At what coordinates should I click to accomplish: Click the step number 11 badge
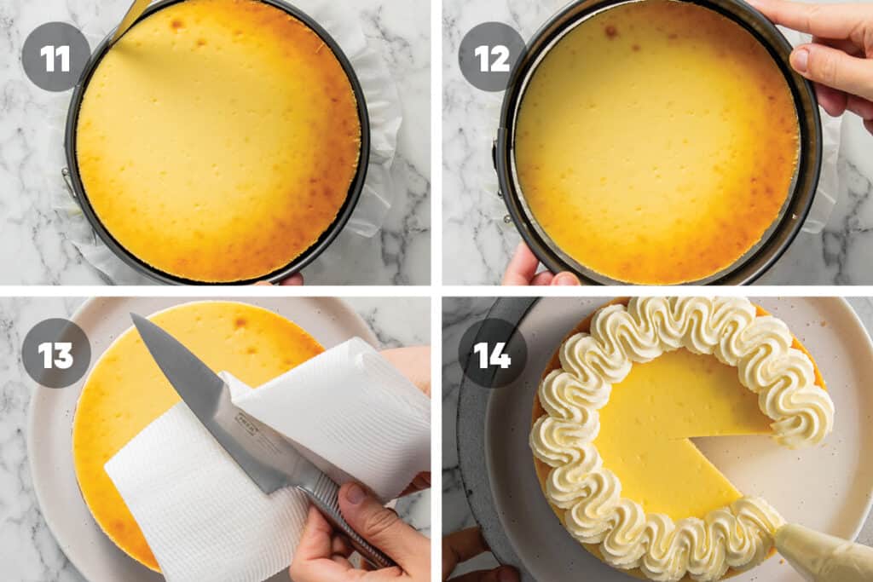(55, 57)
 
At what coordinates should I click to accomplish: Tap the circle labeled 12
(492, 57)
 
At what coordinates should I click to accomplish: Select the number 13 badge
(55, 353)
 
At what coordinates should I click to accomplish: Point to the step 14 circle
(492, 353)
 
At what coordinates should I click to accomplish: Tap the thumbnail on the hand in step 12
(801, 60)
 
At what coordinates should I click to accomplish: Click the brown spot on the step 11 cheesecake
(176, 24)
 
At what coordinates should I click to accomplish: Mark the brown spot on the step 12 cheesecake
(611, 31)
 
